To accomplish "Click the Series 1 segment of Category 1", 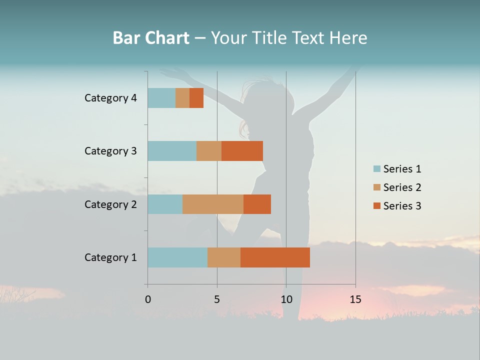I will (177, 257).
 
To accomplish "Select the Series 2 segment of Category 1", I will (224, 257).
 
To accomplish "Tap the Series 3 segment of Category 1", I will (275, 257).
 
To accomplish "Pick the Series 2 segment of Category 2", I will (213, 204).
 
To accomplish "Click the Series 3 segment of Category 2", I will (257, 204).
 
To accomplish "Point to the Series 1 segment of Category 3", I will (172, 151).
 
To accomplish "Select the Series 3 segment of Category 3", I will (242, 151).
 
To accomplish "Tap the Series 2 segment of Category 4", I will (182, 98).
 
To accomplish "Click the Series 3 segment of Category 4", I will (196, 98).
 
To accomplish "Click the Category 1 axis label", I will (110, 257).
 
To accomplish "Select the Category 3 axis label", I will (110, 151).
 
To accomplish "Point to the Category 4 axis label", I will (110, 98).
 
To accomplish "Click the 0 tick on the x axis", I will (148, 299).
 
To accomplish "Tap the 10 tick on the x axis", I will (286, 299).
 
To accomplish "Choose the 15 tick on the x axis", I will (355, 299).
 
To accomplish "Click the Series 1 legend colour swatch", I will (377, 169).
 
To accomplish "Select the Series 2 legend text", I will (402, 187).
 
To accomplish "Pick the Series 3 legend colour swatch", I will (377, 206).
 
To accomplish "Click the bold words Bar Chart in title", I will (151, 38).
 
